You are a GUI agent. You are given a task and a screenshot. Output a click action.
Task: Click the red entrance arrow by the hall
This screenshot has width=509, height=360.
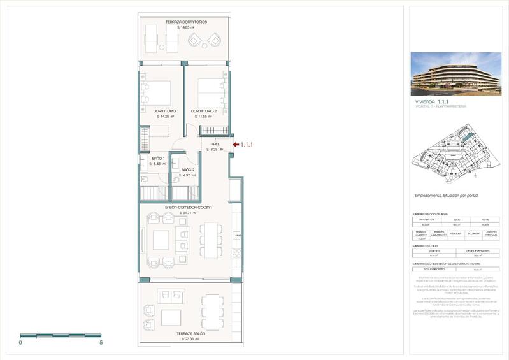(x=235, y=145)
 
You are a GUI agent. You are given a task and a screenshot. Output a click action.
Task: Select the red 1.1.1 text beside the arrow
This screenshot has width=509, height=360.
(x=247, y=145)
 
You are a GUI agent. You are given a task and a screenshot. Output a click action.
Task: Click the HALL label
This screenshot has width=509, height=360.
(x=215, y=144)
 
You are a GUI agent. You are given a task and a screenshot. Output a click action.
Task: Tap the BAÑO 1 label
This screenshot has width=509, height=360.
(x=158, y=158)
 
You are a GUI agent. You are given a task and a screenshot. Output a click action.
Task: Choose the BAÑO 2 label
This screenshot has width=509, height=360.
(x=187, y=169)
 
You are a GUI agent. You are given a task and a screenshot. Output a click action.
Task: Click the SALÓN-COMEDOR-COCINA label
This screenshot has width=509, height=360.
(x=188, y=207)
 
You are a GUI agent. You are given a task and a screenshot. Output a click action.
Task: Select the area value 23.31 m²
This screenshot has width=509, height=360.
(x=190, y=339)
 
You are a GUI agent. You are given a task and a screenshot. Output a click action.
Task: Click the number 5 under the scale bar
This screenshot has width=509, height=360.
(x=101, y=343)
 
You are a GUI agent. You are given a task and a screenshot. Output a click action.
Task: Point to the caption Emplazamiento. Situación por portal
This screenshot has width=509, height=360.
(x=445, y=195)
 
